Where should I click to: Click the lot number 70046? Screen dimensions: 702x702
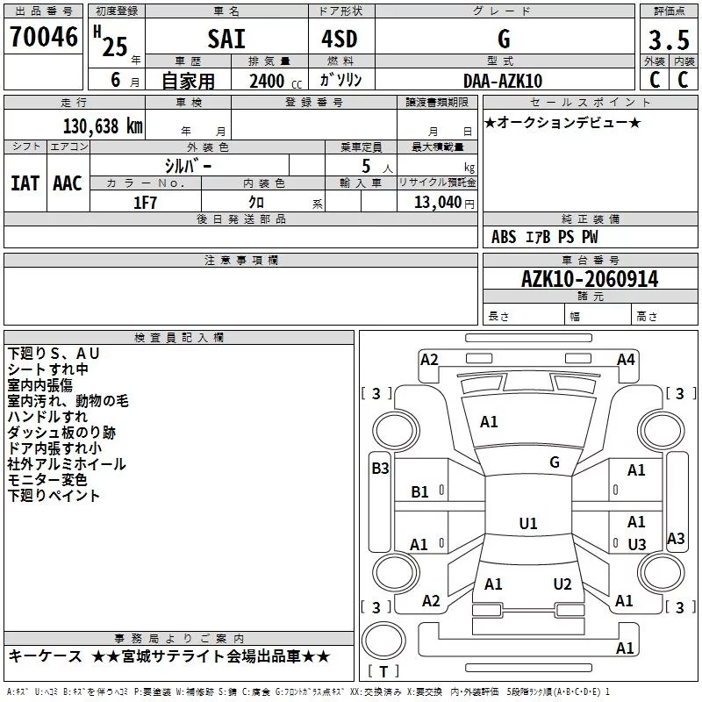click(x=44, y=37)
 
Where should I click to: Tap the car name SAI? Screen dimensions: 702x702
click(x=226, y=39)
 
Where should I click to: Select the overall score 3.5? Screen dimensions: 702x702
click(x=669, y=39)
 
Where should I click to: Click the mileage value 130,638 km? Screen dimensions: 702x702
click(x=103, y=125)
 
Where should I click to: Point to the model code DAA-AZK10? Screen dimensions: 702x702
click(x=503, y=81)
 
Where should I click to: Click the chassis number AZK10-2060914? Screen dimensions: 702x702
click(x=590, y=279)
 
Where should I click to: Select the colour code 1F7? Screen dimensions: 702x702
click(x=145, y=203)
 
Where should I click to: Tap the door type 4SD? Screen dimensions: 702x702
click(x=340, y=39)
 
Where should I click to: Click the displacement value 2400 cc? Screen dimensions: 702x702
click(x=276, y=81)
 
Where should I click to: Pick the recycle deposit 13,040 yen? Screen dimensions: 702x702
click(x=444, y=203)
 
